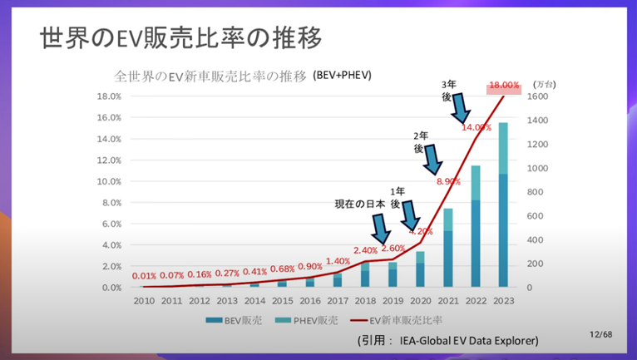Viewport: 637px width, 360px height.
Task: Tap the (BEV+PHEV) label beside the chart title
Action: tap(342, 76)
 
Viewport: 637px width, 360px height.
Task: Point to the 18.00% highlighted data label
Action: tap(504, 86)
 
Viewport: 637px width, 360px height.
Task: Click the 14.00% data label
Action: tap(477, 127)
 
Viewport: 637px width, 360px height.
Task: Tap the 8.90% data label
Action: tap(447, 181)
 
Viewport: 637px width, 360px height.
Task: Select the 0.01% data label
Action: tap(144, 275)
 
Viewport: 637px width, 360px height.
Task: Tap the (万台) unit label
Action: tap(545, 84)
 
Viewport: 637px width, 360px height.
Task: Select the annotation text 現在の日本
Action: tap(359, 205)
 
